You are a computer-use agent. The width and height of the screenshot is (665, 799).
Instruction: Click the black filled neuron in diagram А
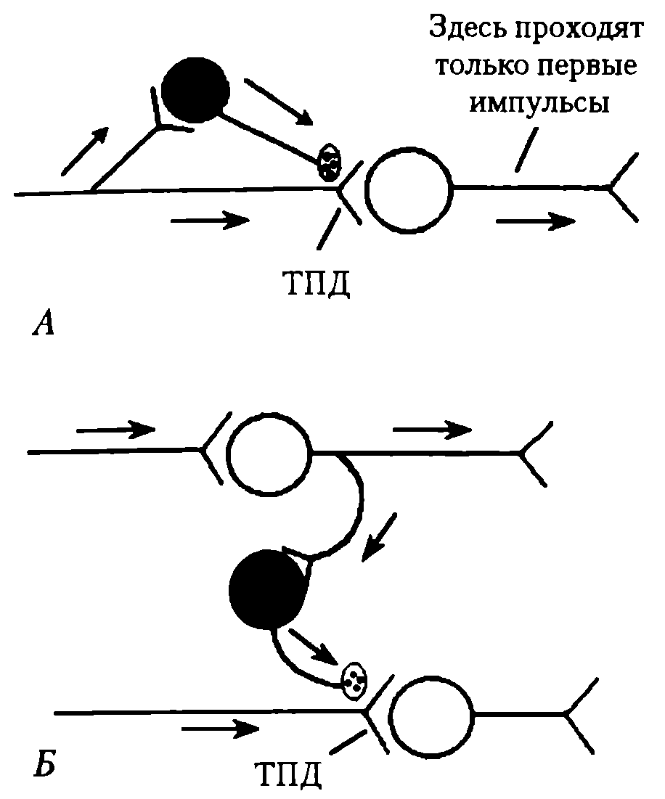click(195, 89)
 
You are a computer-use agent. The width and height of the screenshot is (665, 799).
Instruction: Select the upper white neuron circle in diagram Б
click(269, 451)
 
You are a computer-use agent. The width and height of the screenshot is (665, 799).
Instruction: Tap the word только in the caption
click(476, 67)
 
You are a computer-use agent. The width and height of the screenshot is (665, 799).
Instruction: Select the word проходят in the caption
click(582, 30)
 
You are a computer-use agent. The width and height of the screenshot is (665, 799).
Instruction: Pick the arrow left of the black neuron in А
click(86, 150)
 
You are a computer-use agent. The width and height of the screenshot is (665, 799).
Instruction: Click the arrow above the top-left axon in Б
click(115, 430)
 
